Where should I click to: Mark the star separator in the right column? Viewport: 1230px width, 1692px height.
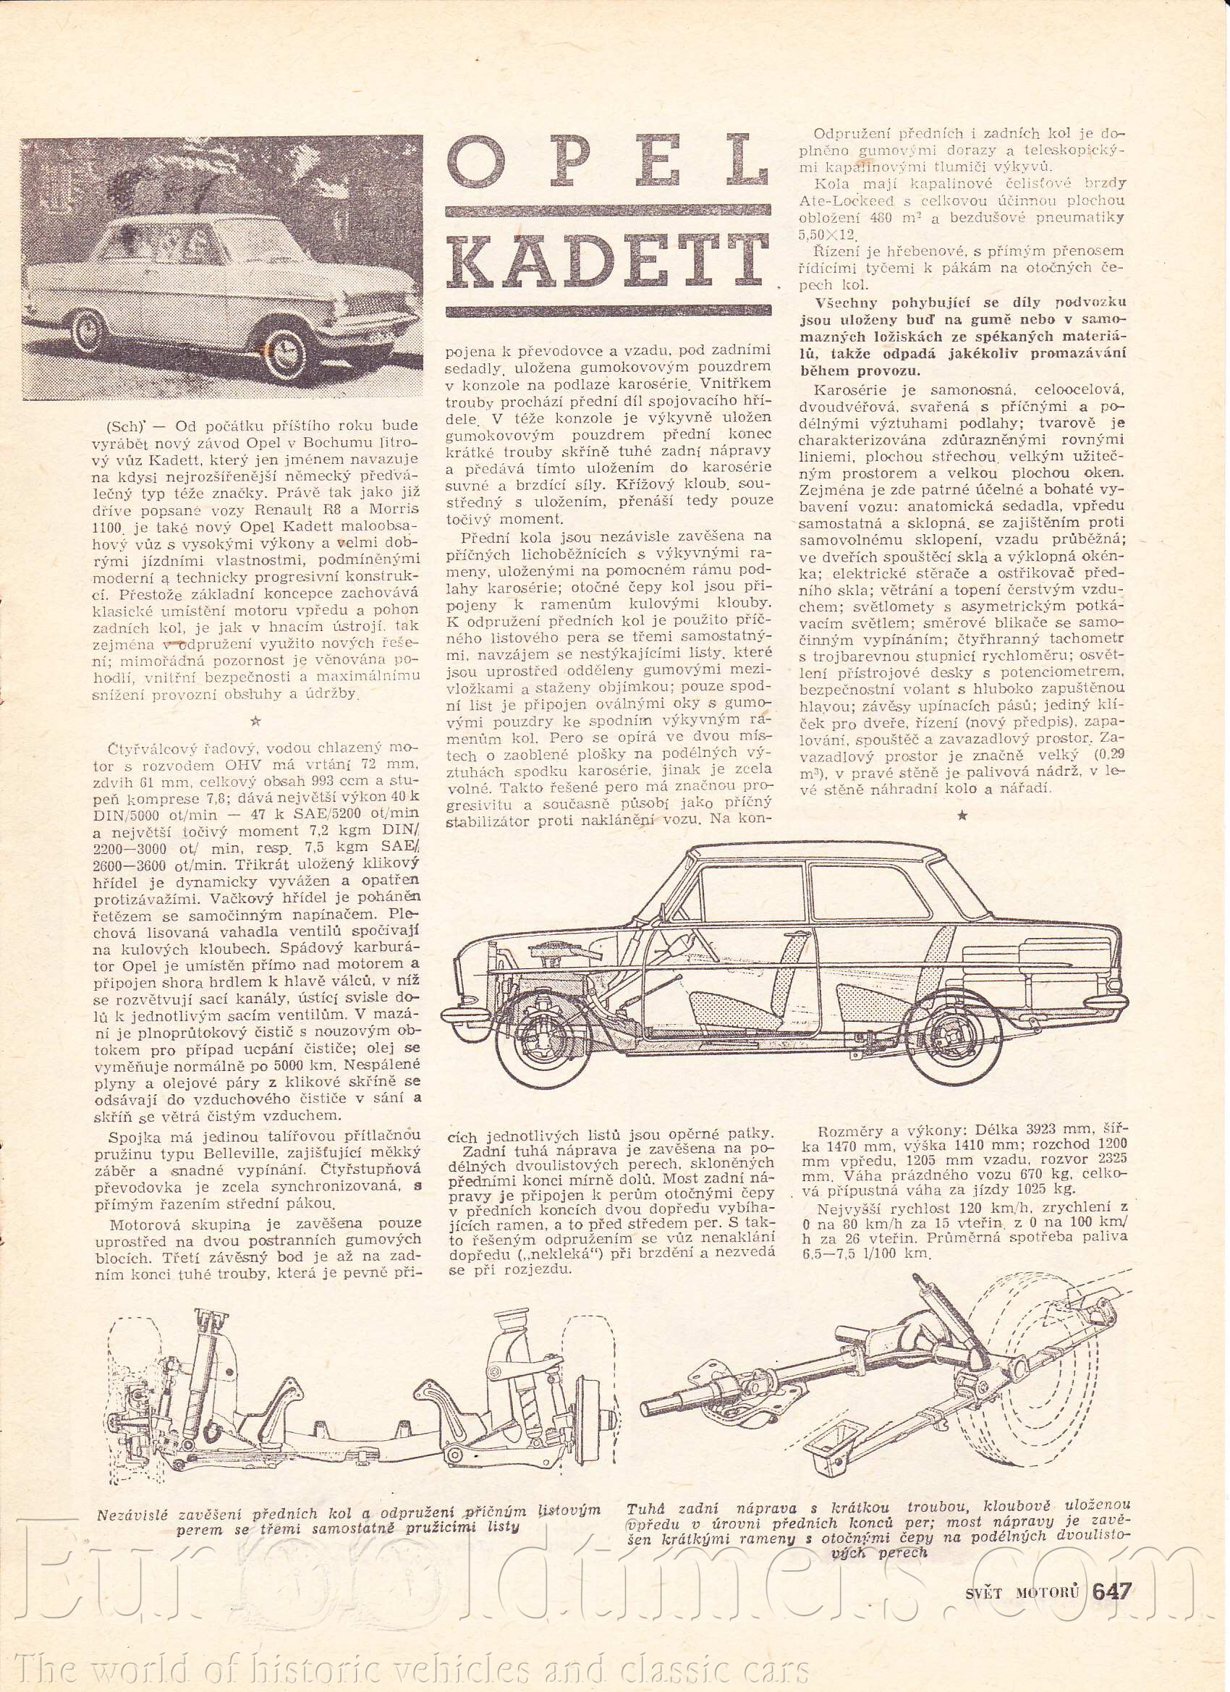pyautogui.click(x=962, y=816)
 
